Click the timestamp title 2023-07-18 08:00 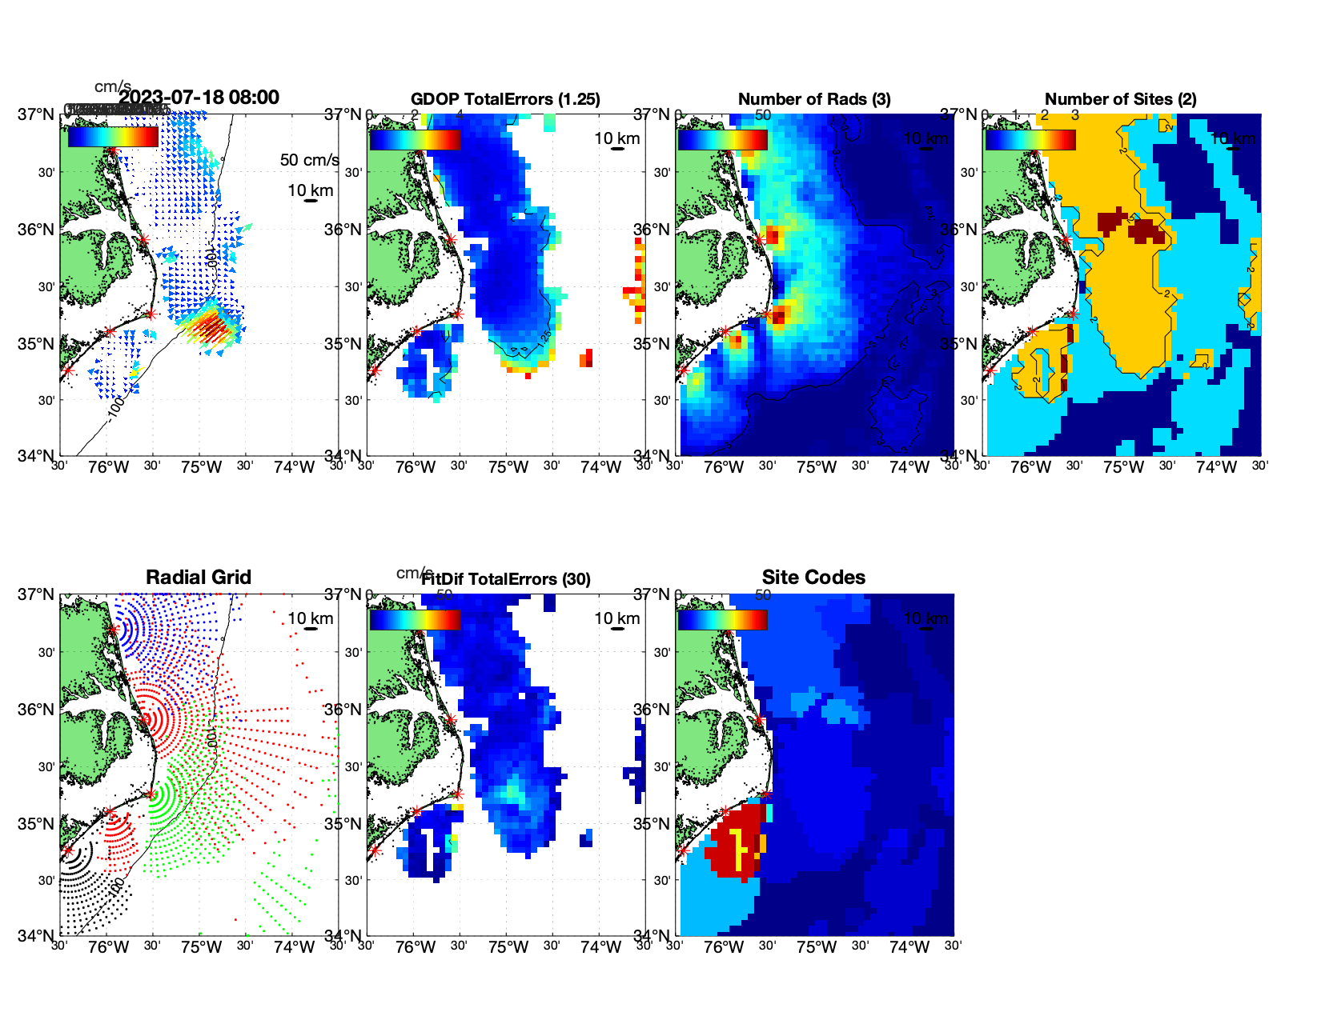(199, 98)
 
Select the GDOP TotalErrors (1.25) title (505, 99)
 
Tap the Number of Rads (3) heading (814, 99)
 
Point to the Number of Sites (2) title (1121, 99)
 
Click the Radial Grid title (199, 578)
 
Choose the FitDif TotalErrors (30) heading (506, 579)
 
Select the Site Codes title (813, 578)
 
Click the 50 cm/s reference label (309, 160)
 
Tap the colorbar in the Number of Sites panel (1030, 139)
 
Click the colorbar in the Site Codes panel (722, 619)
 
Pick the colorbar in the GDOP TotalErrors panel (415, 139)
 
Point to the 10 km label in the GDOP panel (617, 138)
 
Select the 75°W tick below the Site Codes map (816, 947)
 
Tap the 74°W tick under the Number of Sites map (1216, 467)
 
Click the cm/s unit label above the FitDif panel (415, 573)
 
